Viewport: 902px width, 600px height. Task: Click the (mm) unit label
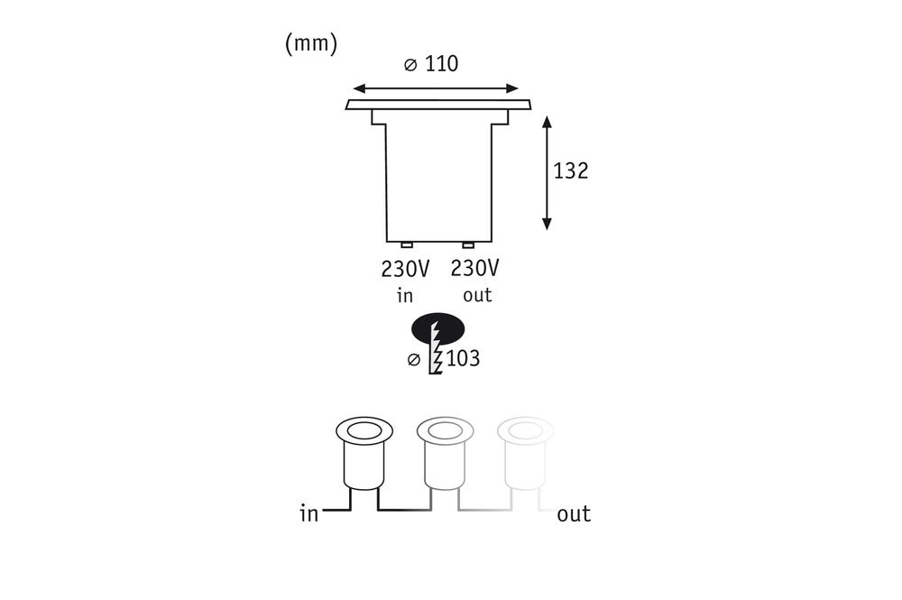click(x=311, y=43)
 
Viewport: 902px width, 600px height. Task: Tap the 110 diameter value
click(x=441, y=64)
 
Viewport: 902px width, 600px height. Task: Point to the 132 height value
click(x=571, y=171)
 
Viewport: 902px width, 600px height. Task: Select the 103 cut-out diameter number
click(x=463, y=358)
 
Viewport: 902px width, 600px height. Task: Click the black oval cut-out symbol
click(x=437, y=329)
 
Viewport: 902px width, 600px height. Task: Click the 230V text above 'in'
click(x=405, y=269)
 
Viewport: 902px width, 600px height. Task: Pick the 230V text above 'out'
click(x=474, y=268)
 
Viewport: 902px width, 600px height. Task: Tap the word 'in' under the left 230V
click(x=405, y=296)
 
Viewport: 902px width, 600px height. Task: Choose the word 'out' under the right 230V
click(x=477, y=296)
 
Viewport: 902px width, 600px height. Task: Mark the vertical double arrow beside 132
click(x=548, y=173)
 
